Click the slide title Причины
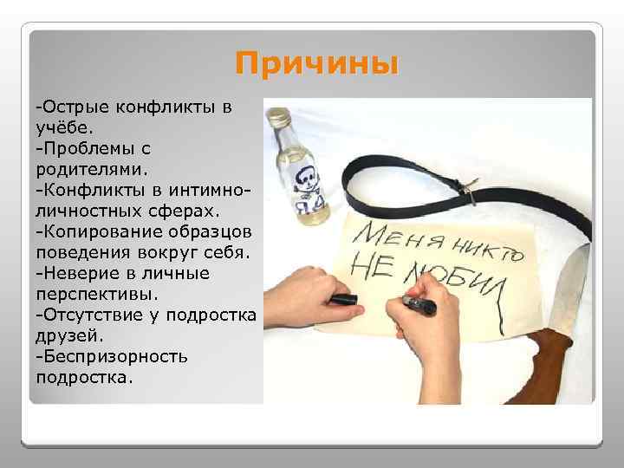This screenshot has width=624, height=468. [316, 65]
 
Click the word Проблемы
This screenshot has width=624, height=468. [90, 148]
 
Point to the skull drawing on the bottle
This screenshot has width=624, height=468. [305, 180]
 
